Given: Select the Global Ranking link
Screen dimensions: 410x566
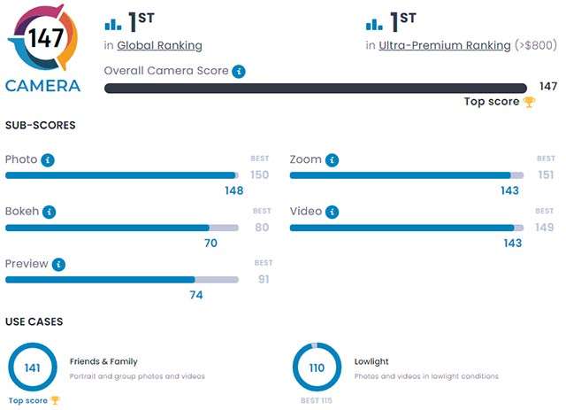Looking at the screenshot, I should [x=159, y=45].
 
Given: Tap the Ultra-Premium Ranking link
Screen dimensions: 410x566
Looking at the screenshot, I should [x=444, y=45].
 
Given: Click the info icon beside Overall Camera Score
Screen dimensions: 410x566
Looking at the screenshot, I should [x=239, y=71].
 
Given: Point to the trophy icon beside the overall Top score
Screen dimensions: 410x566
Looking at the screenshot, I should [x=529, y=102].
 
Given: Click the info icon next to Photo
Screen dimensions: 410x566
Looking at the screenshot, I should [x=48, y=160].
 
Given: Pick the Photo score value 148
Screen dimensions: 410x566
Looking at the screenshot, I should [x=233, y=190].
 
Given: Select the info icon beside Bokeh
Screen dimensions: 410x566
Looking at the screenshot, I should [x=50, y=213].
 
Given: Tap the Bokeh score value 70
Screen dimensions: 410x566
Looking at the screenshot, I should [x=210, y=242].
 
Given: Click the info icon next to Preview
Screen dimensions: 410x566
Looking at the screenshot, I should [x=58, y=265].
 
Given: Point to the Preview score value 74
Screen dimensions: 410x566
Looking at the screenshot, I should [x=196, y=294].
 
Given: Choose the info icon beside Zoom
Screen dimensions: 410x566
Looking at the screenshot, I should [x=332, y=160].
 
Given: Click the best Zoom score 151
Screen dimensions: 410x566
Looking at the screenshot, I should [x=546, y=175].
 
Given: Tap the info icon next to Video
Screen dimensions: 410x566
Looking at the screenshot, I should [x=331, y=213].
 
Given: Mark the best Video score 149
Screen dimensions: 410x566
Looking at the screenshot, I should [x=545, y=228].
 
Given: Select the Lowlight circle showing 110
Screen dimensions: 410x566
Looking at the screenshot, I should [x=317, y=367].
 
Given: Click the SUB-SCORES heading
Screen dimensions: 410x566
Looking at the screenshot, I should [x=40, y=125].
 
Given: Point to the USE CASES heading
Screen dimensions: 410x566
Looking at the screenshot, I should [x=34, y=321].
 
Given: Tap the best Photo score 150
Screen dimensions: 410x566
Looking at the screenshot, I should [x=259, y=175].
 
